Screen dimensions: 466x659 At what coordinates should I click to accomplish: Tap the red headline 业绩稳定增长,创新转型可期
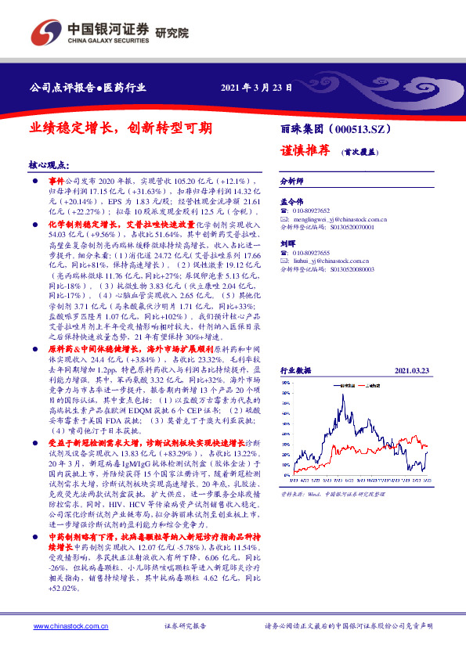[121, 127]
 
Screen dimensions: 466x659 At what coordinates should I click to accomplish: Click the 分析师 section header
[292, 180]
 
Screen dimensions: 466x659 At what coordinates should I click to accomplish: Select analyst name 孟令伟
[291, 201]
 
